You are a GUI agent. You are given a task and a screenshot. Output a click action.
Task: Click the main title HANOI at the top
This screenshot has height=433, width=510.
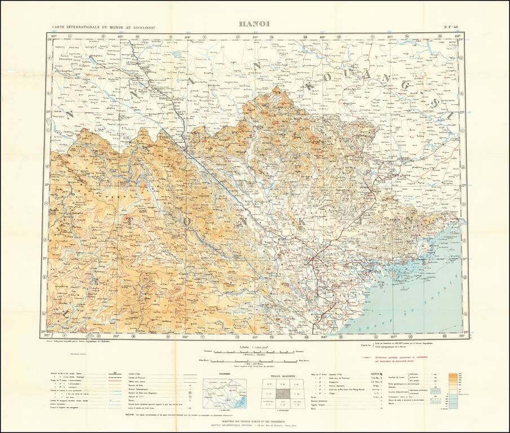tap(254, 24)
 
